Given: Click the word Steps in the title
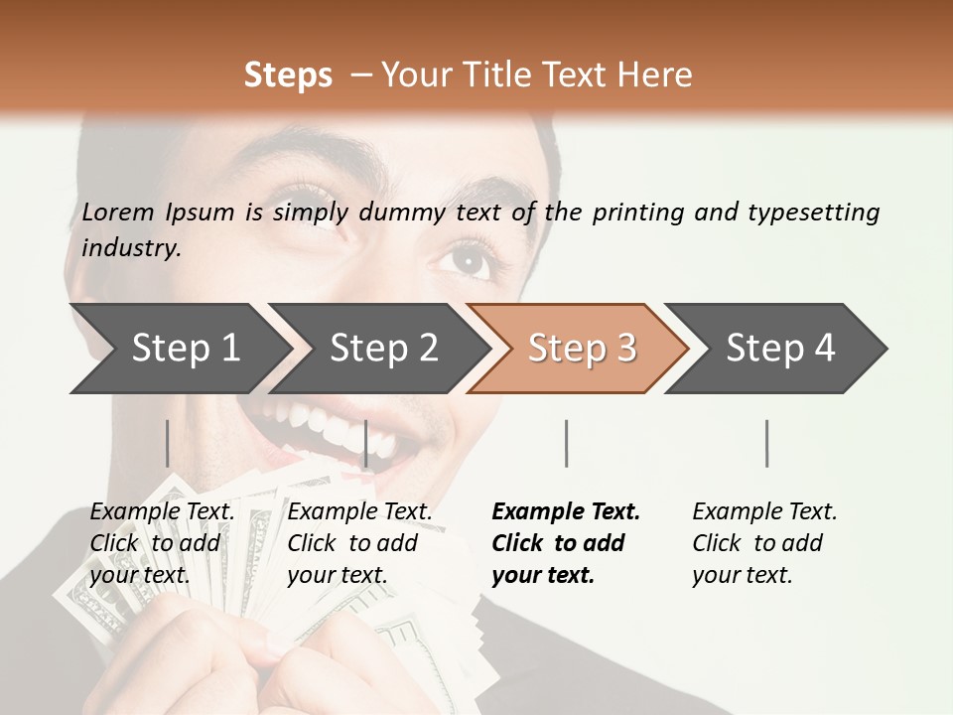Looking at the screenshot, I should [288, 75].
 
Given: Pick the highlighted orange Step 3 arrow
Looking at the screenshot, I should [582, 349].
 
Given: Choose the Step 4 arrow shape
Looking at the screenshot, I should [780, 349].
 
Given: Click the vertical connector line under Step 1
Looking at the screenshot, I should [168, 443].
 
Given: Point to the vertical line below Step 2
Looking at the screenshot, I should [366, 443].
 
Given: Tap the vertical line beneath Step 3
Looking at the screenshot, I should [566, 443].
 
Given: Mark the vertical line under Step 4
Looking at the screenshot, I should [766, 443].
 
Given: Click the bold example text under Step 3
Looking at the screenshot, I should [566, 543].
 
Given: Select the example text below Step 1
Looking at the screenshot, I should [162, 543].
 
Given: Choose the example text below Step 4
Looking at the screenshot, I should [764, 543].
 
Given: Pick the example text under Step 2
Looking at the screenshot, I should [359, 543].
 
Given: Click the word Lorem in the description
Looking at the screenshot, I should [118, 212].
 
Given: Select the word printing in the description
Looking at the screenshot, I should [637, 212].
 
